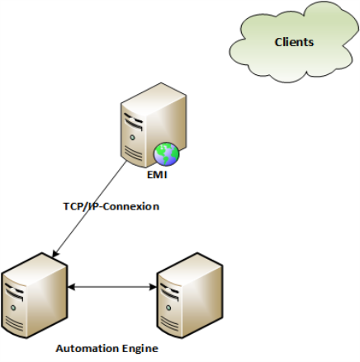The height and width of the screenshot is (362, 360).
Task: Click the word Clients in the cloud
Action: coord(294,42)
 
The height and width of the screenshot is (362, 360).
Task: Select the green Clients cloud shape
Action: coord(294,42)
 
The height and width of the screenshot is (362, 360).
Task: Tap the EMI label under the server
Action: coord(157,175)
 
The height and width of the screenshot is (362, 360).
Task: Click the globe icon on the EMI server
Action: coord(167,154)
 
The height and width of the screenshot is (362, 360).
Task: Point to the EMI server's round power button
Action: coord(132,137)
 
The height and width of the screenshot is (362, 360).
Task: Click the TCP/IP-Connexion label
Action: coord(111,206)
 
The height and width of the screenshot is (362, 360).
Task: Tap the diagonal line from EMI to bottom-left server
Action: coord(89,209)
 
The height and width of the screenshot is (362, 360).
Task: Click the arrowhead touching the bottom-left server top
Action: coord(54,255)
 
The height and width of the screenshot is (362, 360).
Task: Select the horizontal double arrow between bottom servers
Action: coord(112,287)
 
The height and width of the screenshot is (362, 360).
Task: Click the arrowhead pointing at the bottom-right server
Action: coord(153,287)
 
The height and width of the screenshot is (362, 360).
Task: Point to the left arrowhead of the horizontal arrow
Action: coord(71,287)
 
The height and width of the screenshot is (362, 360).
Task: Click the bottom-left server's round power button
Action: coord(13,308)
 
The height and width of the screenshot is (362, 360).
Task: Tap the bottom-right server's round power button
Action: coord(168,308)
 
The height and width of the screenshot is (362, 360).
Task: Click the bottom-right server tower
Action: coord(190,295)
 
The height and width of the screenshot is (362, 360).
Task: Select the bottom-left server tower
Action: coord(34,295)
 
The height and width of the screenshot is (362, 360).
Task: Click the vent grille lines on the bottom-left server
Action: coord(14,322)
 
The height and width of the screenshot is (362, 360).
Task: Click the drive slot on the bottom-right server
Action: coord(169,291)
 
